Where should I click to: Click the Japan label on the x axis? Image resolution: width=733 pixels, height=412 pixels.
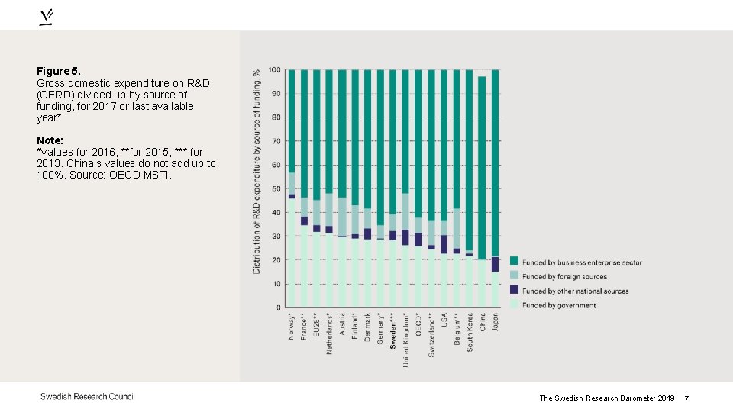pos(496,321)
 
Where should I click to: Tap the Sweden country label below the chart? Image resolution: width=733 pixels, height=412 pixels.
pos(393,330)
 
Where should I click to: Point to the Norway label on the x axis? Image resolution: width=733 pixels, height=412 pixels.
pos(291,326)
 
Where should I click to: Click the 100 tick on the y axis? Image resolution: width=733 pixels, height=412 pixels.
pos(273,70)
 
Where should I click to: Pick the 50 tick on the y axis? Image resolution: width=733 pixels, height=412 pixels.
pos(274,188)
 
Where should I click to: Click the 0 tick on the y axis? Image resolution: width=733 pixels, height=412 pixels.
pos(277,307)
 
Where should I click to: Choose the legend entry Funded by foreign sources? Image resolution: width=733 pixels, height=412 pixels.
pos(564,277)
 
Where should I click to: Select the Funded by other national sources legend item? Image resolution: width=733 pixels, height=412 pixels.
pos(573,291)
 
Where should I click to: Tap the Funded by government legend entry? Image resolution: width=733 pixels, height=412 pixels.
pos(559,305)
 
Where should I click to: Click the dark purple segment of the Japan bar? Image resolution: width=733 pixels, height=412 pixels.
pos(496,264)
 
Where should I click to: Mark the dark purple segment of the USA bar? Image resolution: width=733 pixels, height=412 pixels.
pos(444,244)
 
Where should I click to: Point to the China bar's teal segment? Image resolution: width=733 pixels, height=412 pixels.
pos(483,168)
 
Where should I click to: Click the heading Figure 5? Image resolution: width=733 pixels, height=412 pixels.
pos(57,71)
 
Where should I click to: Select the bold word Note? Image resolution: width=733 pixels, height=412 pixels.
pos(50,141)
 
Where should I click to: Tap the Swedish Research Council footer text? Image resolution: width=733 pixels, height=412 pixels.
pos(88,396)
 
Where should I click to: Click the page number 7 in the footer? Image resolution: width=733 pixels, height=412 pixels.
pos(686,398)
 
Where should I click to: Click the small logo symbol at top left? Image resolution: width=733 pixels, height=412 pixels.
pos(47,18)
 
